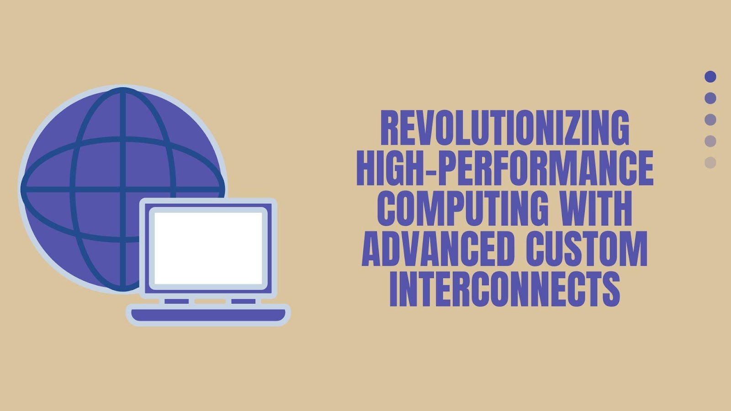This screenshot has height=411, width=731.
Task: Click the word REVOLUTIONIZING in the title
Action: (505, 127)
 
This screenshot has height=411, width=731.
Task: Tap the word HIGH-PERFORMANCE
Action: (505, 168)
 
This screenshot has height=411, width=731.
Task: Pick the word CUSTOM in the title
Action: (587, 249)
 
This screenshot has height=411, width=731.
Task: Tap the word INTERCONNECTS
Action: (505, 290)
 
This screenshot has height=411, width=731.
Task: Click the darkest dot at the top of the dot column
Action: (710, 77)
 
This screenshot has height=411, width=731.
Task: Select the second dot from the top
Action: (710, 98)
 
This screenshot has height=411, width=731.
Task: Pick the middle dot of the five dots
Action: (710, 120)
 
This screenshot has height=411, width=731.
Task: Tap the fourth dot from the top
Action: (710, 141)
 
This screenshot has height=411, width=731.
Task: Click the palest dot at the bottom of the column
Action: (710, 163)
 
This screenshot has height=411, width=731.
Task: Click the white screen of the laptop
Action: (208, 248)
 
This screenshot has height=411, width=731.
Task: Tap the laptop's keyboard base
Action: (208, 315)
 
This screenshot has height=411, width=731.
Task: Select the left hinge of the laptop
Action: (176, 301)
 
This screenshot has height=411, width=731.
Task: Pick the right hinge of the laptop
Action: (244, 301)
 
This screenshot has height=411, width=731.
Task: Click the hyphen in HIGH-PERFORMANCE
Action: (429, 169)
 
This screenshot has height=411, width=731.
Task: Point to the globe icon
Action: (122, 189)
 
